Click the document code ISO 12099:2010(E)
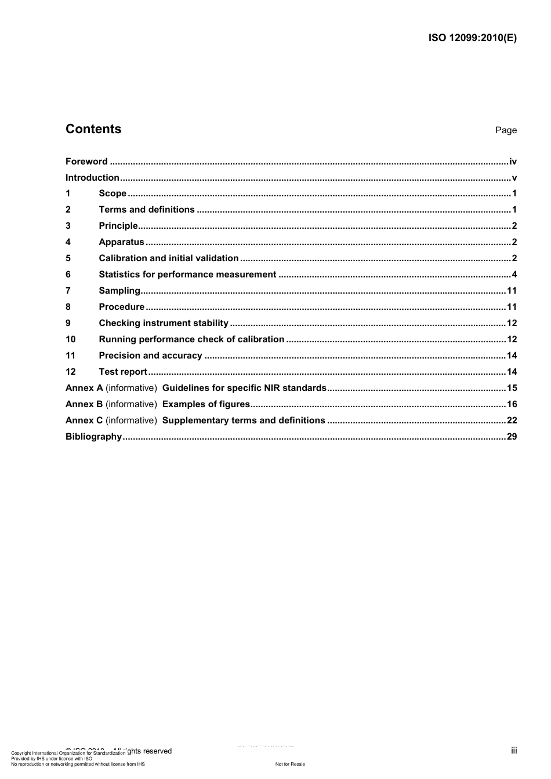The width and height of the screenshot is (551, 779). (x=472, y=38)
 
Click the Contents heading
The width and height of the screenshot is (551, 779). (x=93, y=129)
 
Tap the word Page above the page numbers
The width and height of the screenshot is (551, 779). (x=506, y=130)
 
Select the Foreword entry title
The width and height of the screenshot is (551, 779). (x=86, y=162)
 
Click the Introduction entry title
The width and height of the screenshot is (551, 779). (x=92, y=178)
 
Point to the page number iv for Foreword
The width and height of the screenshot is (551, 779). (x=513, y=162)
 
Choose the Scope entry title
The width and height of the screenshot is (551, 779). (x=113, y=193)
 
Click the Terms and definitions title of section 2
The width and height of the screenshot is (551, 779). (x=147, y=210)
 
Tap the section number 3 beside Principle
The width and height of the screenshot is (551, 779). (x=68, y=226)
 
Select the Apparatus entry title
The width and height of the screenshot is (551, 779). (x=121, y=242)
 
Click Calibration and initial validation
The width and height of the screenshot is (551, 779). (x=169, y=258)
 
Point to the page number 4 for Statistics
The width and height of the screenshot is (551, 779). (x=514, y=275)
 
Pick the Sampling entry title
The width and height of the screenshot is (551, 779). (x=119, y=291)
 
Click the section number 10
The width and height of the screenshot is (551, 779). (x=71, y=339)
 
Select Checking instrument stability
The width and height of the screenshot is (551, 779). (x=164, y=323)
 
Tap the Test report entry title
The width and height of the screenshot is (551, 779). (x=123, y=372)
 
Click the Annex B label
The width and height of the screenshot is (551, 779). (x=84, y=404)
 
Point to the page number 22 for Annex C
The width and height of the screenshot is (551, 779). (x=512, y=420)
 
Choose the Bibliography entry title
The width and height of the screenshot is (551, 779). (x=93, y=437)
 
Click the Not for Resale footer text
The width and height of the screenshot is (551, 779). (x=290, y=764)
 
